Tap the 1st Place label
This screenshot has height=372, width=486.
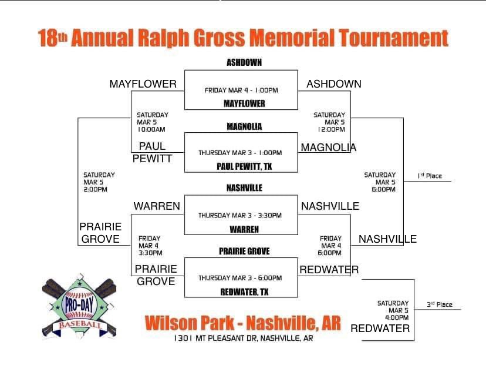point(430,176)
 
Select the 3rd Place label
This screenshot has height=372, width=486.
point(439,304)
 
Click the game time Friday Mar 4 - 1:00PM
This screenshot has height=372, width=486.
point(241,91)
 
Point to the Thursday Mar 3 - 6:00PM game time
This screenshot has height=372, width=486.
point(240,278)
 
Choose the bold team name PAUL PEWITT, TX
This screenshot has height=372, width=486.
point(244,167)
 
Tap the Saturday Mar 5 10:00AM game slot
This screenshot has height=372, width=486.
point(152,122)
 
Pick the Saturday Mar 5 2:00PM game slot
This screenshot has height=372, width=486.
point(99,182)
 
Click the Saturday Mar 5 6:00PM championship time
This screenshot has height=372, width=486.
point(380,182)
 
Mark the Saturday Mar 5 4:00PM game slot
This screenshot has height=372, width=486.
point(393,310)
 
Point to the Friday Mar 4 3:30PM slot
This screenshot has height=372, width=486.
point(150,246)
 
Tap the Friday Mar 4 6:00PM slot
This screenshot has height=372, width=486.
point(331,246)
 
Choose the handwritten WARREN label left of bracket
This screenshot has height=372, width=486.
point(156,206)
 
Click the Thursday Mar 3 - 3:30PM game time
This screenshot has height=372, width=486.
point(240,216)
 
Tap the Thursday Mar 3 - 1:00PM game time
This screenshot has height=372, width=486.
point(240,153)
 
